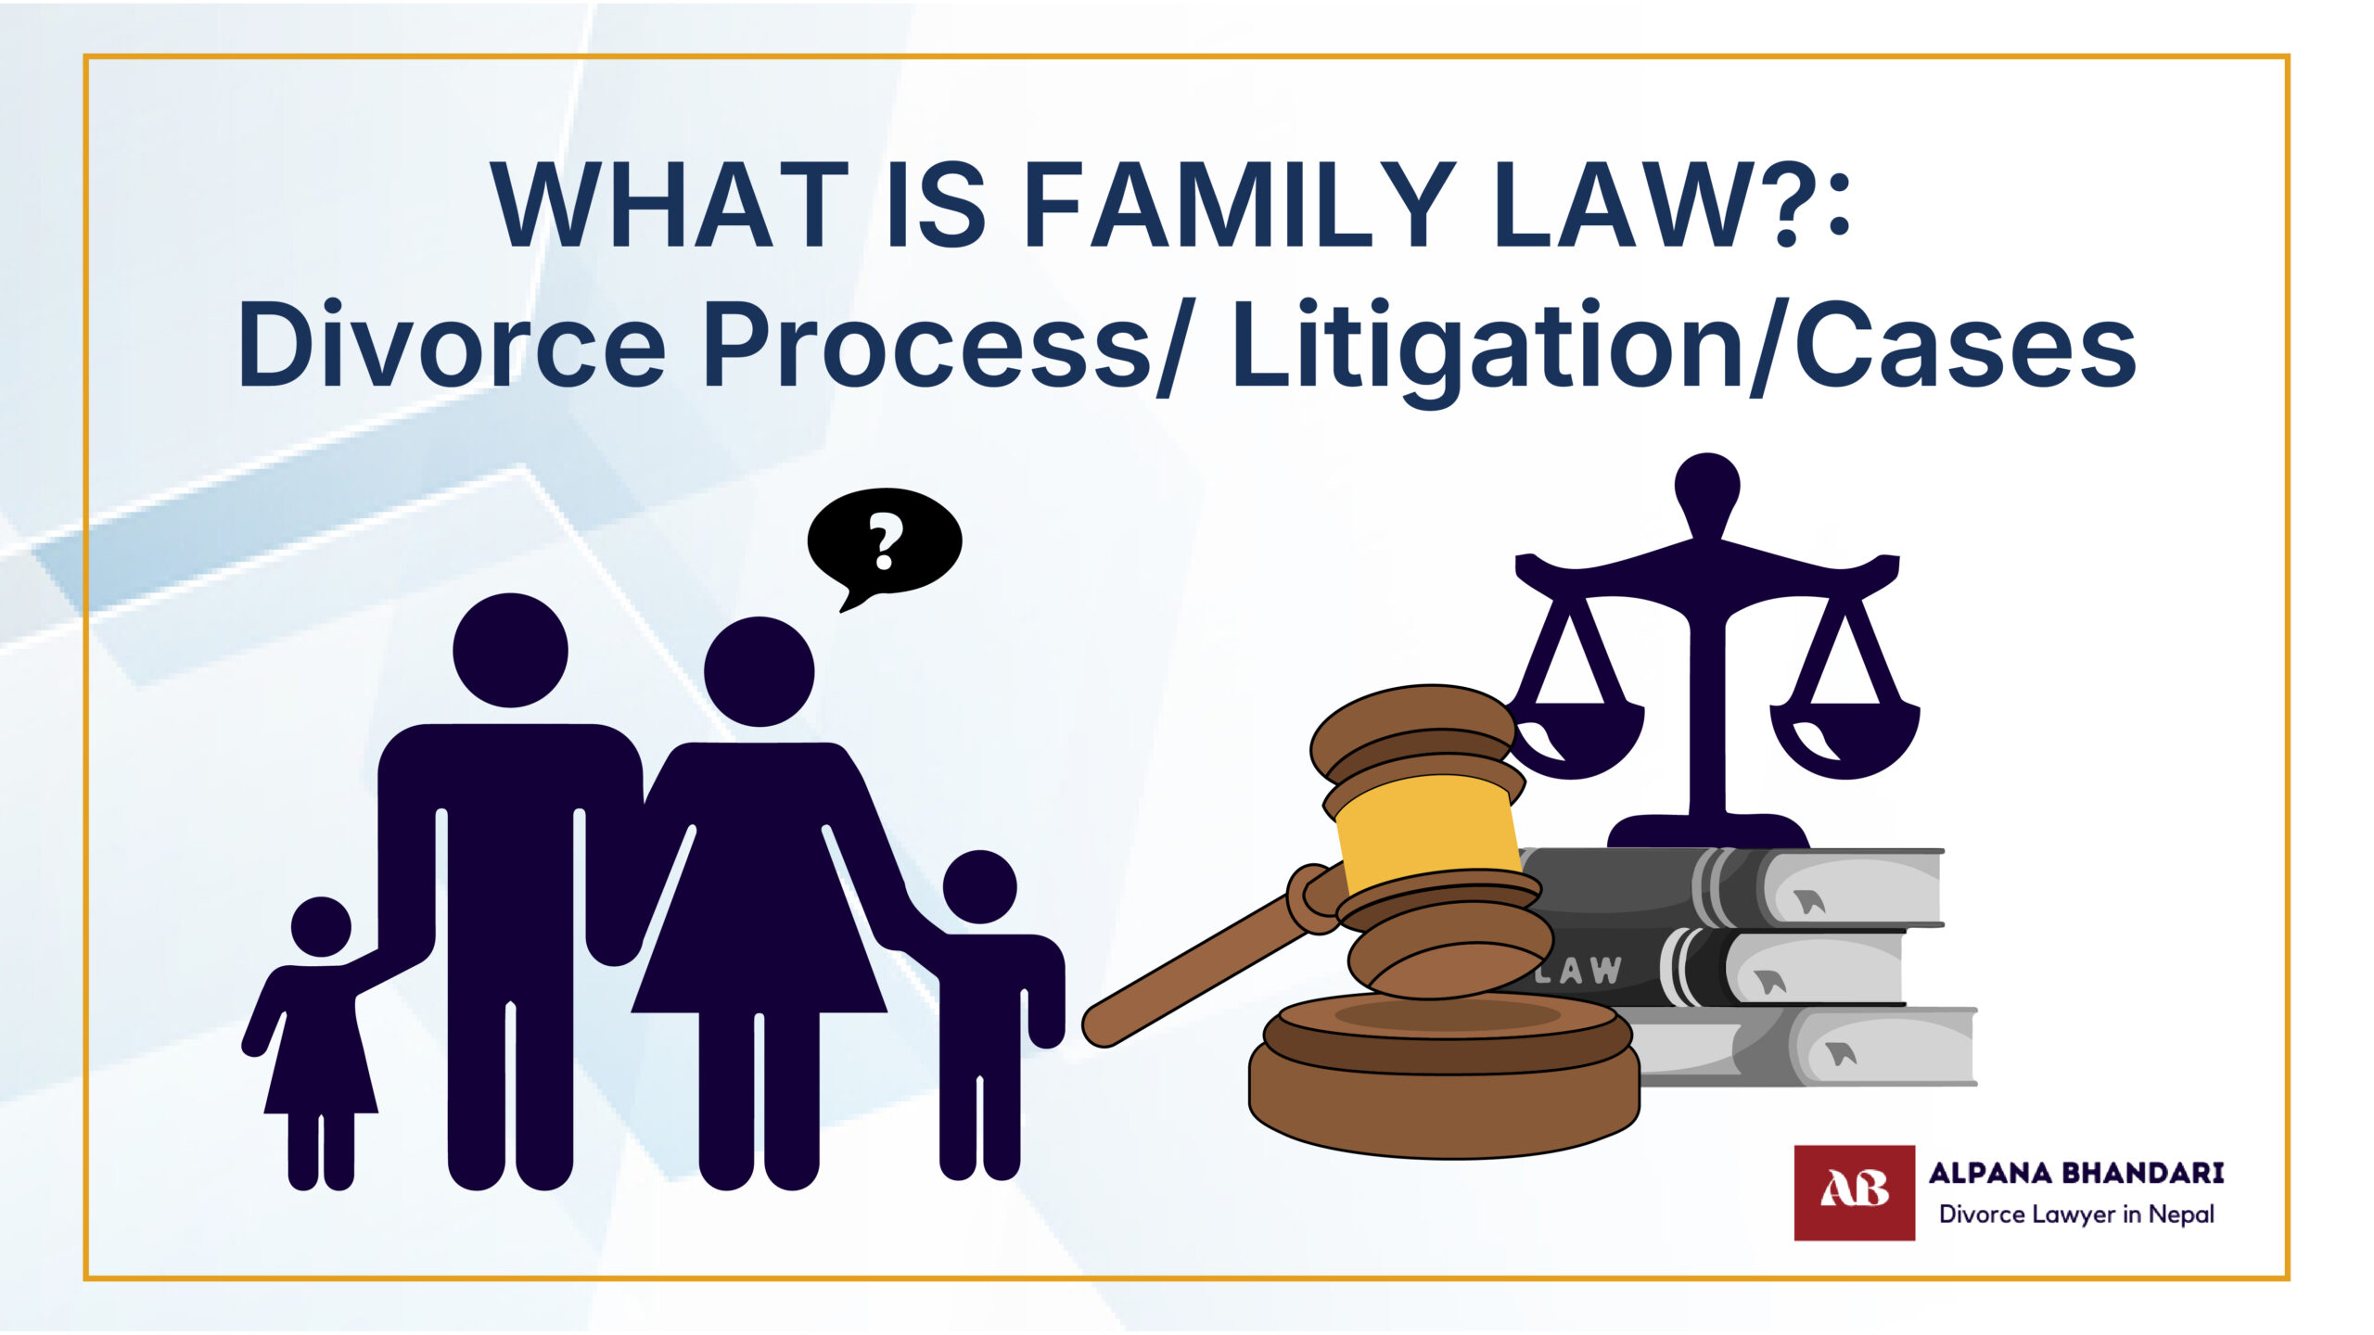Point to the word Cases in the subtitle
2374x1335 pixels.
pyautogui.click(x=1965, y=345)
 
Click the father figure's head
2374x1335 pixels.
pyautogui.click(x=510, y=650)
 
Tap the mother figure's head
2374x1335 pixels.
pyautogui.click(x=759, y=671)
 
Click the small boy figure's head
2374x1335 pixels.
pyautogui.click(x=979, y=887)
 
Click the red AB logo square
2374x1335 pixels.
pyautogui.click(x=1854, y=1192)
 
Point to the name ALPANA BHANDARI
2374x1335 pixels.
pyautogui.click(x=2076, y=1173)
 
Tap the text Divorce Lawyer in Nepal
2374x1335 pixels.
pyautogui.click(x=2076, y=1214)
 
